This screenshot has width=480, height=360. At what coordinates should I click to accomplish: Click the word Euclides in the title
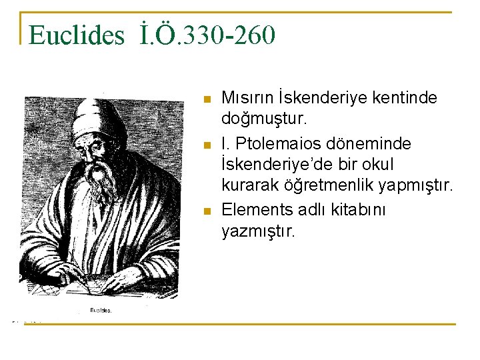pos(77,35)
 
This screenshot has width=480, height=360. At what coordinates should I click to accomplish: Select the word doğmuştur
pos(263,121)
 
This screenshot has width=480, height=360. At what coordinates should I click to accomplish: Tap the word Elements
pos(257,209)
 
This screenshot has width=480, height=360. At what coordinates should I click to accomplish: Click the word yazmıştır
pos(257,231)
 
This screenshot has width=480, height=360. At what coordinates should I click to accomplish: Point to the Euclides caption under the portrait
pos(101,310)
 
